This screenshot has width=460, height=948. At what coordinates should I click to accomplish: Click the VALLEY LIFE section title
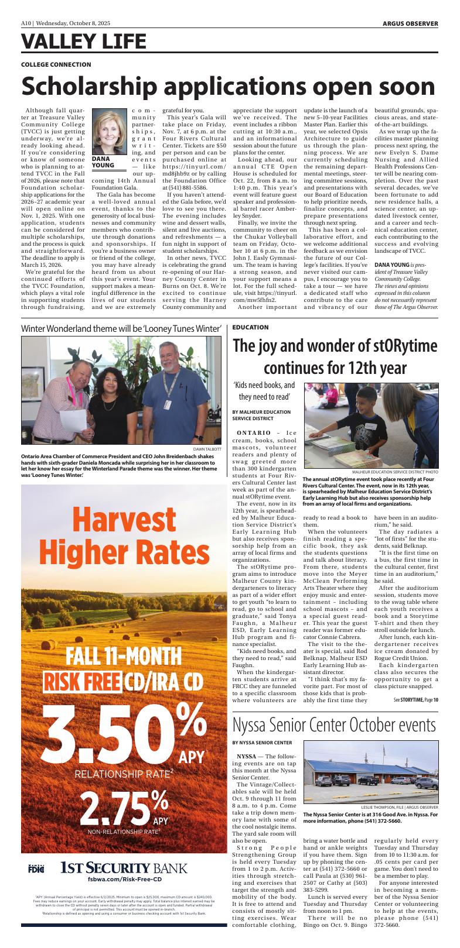click(x=83, y=42)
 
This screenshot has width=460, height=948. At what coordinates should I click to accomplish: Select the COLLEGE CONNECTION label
click(x=56, y=64)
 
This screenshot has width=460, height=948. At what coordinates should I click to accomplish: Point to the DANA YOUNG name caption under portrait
click(x=103, y=162)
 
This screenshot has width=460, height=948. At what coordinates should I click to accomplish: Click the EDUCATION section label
click(x=250, y=327)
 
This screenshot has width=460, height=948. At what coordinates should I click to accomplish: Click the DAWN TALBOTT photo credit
click(x=207, y=449)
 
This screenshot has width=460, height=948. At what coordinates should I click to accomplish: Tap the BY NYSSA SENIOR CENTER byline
click(x=262, y=743)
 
